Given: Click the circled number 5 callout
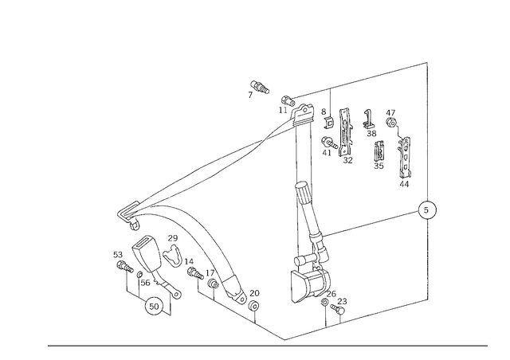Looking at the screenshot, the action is click(x=427, y=210).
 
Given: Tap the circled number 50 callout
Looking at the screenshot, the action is click(x=154, y=307).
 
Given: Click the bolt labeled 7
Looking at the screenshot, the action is click(x=260, y=87).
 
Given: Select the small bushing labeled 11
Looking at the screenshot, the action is click(x=288, y=101).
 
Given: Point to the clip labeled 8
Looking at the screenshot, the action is click(x=329, y=122).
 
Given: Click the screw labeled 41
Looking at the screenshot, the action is click(x=329, y=143).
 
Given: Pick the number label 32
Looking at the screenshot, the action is click(x=347, y=160).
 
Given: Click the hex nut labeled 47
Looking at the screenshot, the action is click(x=391, y=123).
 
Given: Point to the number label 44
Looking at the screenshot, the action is click(x=404, y=184).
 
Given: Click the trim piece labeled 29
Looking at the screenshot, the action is click(x=173, y=254).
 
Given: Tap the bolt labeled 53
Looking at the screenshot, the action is click(x=125, y=267).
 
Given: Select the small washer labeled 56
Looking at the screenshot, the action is click(x=139, y=275).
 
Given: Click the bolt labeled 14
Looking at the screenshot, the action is click(x=195, y=273).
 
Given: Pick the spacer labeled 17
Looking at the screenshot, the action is click(x=213, y=284).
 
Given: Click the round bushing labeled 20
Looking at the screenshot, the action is click(x=253, y=307).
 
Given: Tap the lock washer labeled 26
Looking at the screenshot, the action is click(x=324, y=303).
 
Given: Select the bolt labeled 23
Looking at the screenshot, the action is click(x=338, y=308).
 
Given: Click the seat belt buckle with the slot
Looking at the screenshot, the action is click(x=147, y=253).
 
